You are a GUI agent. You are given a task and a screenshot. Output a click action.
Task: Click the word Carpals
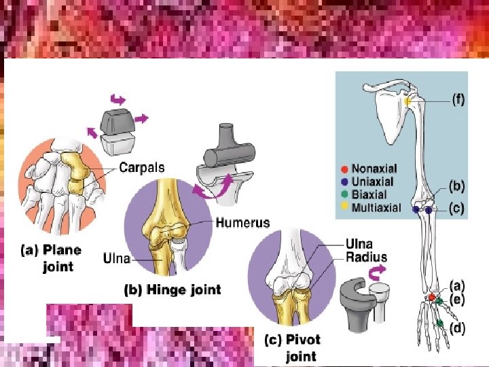tap(141, 167)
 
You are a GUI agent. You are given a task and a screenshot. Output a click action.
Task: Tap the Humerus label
tap(242, 222)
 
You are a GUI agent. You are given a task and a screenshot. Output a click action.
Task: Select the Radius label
tap(366, 257)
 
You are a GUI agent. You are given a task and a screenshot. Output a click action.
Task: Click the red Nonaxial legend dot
tap(344, 169)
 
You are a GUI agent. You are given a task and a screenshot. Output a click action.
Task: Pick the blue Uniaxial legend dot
tap(344, 181)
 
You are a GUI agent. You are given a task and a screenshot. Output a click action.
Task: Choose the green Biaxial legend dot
tap(344, 194)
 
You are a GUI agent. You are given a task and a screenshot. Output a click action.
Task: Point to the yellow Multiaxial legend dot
tap(344, 207)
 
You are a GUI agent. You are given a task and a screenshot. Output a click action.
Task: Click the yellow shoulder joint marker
tap(407, 101)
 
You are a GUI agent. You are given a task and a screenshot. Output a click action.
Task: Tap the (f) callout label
tap(458, 99)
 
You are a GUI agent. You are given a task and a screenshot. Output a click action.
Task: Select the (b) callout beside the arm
tap(456, 186)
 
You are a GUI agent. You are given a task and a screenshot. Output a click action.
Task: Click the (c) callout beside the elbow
tap(456, 209)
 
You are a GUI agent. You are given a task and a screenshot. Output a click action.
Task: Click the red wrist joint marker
tap(431, 298)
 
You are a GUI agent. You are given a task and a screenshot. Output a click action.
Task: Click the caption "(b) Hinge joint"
tap(173, 290)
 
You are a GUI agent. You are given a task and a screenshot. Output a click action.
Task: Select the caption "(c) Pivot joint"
tap(292, 347)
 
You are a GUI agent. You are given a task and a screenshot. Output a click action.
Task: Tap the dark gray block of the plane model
tap(117, 122)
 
